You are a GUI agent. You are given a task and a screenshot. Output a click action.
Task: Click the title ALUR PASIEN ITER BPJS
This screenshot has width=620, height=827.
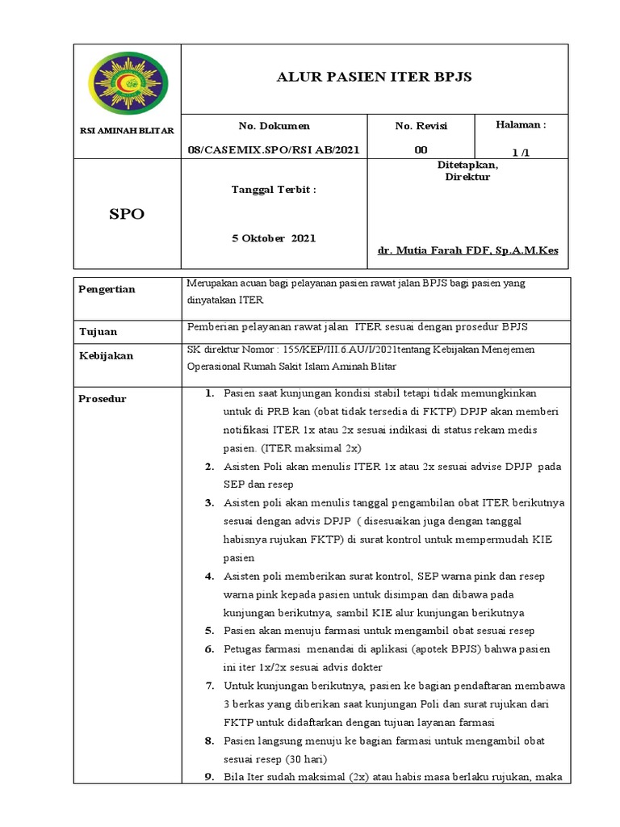374,78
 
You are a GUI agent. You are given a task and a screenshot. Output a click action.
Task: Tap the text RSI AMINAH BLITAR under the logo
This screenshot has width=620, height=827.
128,131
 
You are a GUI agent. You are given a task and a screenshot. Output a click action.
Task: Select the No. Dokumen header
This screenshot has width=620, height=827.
274,126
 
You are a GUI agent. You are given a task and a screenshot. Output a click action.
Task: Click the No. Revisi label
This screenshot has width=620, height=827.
421,126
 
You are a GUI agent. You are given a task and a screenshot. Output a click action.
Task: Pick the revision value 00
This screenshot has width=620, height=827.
421,149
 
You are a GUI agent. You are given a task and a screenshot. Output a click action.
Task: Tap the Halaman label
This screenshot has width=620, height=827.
520,125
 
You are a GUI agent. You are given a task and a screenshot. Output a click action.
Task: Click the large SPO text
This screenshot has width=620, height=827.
128,214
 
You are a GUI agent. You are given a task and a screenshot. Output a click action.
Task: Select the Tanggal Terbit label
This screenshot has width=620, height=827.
274,189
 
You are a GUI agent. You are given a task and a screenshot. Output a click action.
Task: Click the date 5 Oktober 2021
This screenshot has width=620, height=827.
274,238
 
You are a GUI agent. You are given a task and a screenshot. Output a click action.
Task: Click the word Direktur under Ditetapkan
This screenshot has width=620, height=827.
467,177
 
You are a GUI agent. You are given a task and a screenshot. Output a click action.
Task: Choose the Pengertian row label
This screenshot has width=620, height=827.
107,289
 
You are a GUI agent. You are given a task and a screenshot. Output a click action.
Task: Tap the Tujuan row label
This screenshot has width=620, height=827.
98,331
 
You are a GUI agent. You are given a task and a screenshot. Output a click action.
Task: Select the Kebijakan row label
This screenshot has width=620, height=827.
106,355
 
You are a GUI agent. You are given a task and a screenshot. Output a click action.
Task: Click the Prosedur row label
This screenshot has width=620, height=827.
103,399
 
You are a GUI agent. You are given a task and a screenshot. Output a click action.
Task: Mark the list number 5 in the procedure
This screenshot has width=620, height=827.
208,631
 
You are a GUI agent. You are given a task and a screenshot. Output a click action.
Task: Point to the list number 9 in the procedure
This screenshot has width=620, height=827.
208,778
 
